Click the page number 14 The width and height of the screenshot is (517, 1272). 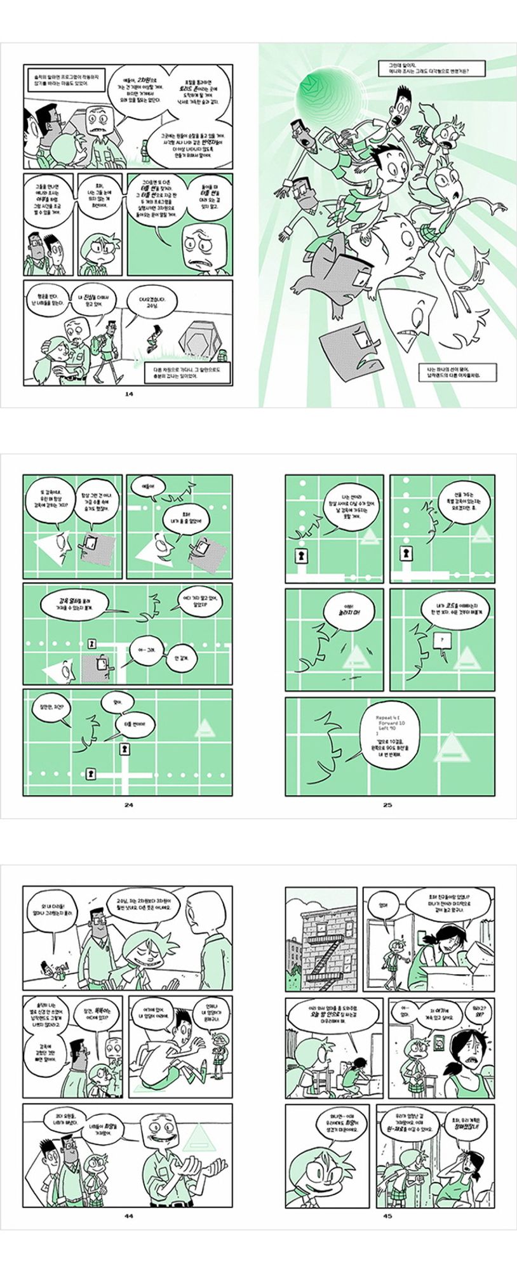coord(129,394)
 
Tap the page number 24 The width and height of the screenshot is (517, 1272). coord(129,805)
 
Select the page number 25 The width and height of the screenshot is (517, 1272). coord(387,805)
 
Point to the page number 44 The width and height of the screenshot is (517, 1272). coord(129,1216)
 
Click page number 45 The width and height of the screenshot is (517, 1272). coord(387,1216)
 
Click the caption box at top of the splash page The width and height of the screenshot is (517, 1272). coord(431,68)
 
